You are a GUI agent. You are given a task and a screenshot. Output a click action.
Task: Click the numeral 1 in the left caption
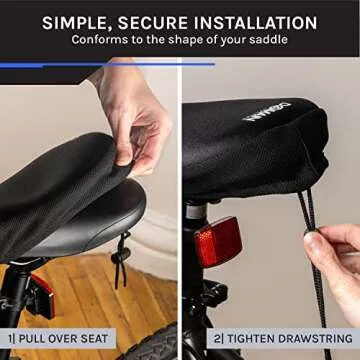point(11,339)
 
